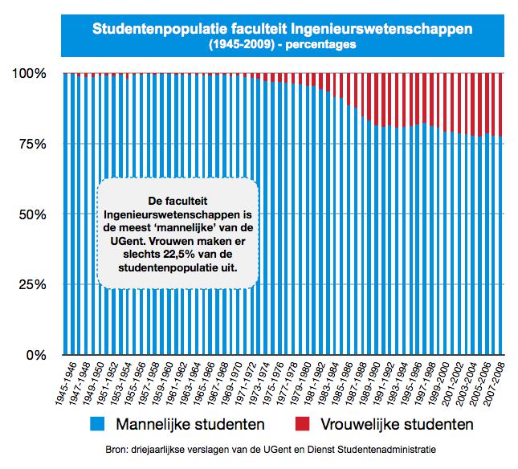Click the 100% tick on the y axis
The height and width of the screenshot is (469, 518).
(29, 73)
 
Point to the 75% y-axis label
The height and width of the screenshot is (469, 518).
(32, 144)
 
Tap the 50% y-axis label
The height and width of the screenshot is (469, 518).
(32, 214)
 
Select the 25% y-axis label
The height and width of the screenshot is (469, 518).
(32, 284)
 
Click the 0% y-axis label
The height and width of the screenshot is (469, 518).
(36, 355)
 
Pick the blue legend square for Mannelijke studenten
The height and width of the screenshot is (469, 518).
(97, 424)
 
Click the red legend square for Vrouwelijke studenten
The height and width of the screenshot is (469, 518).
(302, 424)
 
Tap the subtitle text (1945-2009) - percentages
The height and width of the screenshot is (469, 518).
(283, 44)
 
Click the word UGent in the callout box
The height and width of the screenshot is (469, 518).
(128, 241)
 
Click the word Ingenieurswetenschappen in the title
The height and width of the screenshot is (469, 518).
(381, 29)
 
